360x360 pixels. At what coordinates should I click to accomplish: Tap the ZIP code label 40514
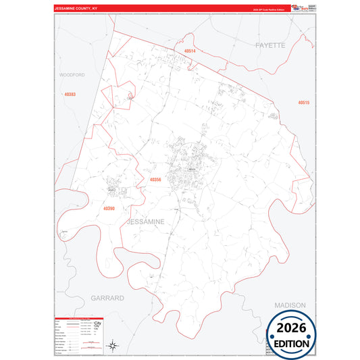[189, 51]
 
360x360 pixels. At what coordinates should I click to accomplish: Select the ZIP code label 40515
[303, 103]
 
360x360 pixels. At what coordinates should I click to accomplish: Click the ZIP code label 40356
[155, 180]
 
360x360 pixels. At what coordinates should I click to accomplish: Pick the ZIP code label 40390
[109, 209]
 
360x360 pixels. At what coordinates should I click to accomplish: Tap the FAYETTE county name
[271, 45]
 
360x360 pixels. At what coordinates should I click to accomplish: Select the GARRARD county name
[108, 297]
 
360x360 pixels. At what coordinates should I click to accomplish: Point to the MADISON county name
[290, 305]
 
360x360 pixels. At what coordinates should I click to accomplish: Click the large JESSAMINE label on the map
[145, 222]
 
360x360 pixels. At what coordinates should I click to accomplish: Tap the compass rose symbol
[115, 345]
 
